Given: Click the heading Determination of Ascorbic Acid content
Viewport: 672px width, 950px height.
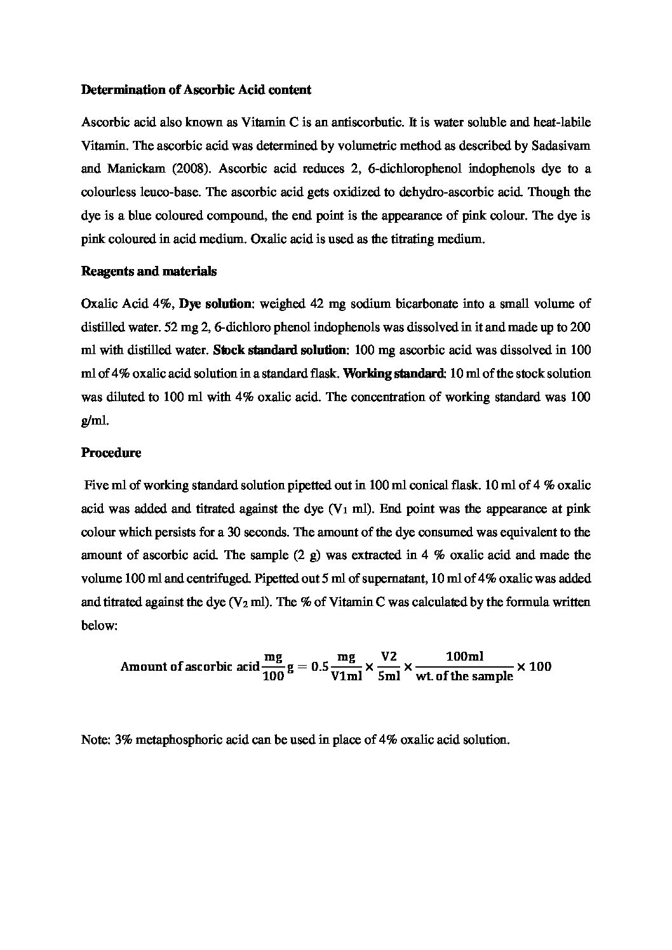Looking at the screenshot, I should pos(196,90).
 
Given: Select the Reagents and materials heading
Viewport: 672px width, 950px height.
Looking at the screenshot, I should pos(149,272).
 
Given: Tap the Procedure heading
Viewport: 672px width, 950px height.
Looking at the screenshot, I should pos(111,453).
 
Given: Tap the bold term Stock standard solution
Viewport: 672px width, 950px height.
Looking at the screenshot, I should pos(280,350).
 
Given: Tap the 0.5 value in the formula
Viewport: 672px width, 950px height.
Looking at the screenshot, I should pos(319,667).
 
